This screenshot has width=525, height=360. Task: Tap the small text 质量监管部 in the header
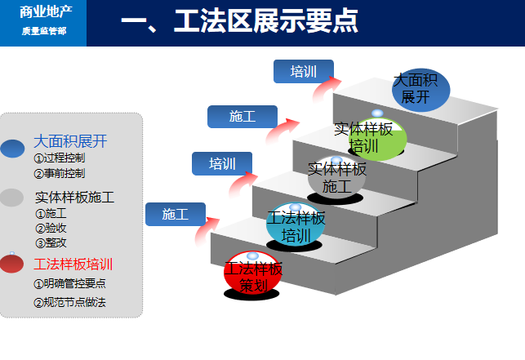[x=42, y=31]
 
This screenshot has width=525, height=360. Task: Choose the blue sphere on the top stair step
[x=415, y=89]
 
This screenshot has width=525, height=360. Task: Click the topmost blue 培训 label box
[x=303, y=72]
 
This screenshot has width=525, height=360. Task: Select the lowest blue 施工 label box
[x=175, y=215]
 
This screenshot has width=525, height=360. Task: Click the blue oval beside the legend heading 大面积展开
[x=12, y=148]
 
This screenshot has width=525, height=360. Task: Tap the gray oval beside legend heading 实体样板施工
[x=12, y=198]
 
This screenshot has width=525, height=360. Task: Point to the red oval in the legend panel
[x=12, y=264]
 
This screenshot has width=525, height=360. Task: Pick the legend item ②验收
[x=51, y=228]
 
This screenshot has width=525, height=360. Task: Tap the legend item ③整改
[x=51, y=242]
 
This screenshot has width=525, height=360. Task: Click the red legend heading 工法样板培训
[x=73, y=264]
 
